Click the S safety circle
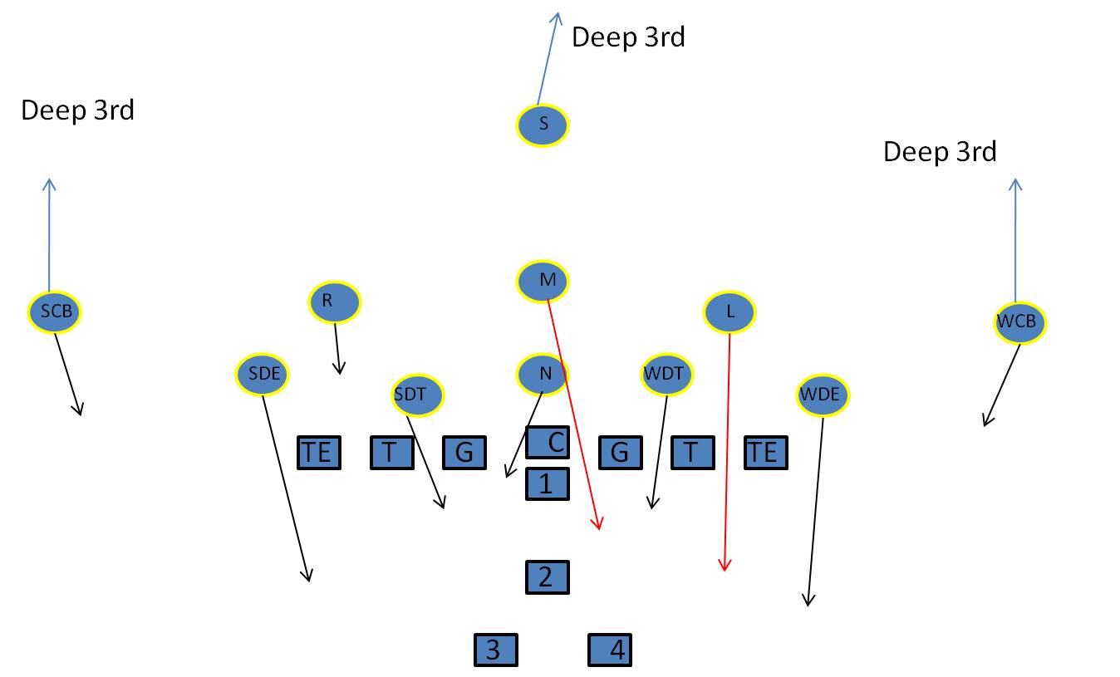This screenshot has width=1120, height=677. (543, 125)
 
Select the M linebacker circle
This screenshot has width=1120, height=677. (543, 281)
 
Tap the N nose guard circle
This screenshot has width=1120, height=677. (543, 374)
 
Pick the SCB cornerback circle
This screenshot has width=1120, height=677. (56, 312)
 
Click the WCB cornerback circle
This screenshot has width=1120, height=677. (1019, 322)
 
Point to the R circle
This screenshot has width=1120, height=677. (335, 302)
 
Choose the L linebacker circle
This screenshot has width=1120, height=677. (729, 312)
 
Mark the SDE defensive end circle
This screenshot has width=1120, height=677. (263, 375)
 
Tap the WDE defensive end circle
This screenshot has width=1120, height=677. (823, 395)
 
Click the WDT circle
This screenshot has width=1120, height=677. (667, 375)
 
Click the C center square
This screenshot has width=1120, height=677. (548, 443)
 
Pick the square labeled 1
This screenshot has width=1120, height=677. (547, 483)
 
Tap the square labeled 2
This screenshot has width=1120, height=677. (547, 576)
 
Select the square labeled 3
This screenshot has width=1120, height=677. (496, 650)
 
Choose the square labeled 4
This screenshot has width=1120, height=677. (610, 650)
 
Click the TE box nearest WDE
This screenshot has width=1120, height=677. (765, 453)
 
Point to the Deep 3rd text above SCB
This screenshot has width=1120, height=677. (77, 110)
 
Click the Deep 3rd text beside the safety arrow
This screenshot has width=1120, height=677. (628, 37)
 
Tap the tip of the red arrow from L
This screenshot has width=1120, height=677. (725, 571)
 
